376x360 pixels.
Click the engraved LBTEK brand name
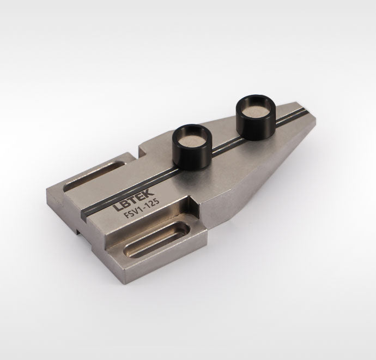point(134,200)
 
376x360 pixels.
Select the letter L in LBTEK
point(117,207)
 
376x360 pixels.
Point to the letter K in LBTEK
point(149,192)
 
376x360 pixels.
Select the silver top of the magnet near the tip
point(254,110)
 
